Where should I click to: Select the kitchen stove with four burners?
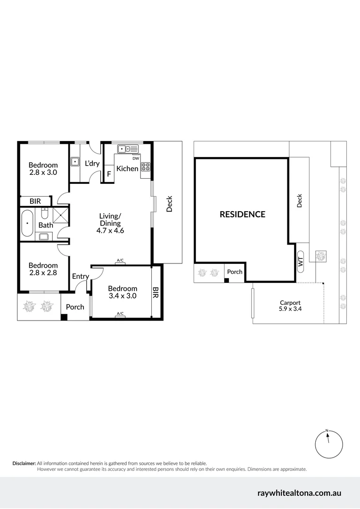(146, 167)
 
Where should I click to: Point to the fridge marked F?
(109, 173)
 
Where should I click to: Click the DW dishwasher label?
(136, 158)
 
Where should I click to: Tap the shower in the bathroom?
(60, 216)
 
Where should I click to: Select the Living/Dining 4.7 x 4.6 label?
(110, 223)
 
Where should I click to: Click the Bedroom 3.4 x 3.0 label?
(123, 292)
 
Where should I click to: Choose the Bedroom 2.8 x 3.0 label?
(43, 169)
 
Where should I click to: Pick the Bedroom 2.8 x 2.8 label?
(43, 269)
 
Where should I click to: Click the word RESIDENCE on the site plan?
(242, 214)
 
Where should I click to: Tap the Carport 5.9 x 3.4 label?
(290, 306)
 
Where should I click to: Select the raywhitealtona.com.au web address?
(299, 493)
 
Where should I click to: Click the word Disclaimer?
(24, 463)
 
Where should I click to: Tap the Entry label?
(80, 276)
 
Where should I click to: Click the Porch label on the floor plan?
(75, 307)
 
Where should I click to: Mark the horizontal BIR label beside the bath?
(35, 201)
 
